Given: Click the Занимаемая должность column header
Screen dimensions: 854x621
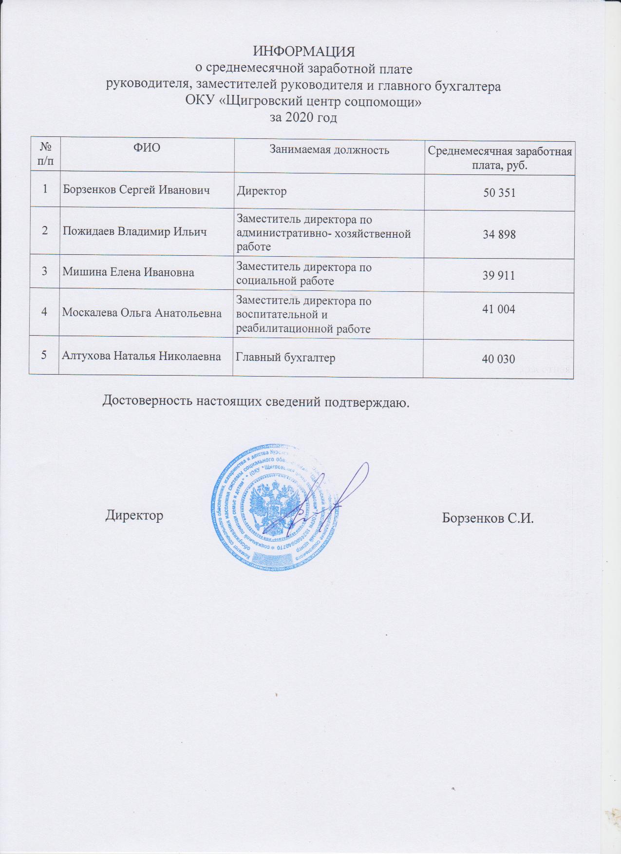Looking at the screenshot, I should (x=330, y=150).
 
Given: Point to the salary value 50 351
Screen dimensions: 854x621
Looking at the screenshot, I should (x=499, y=193).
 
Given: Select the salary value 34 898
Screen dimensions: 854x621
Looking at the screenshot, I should (x=499, y=235).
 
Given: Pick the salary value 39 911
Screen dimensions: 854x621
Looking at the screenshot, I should (x=499, y=276).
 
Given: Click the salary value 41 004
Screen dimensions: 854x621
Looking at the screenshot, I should (x=498, y=308).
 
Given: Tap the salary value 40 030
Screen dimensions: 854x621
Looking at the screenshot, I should (x=498, y=360).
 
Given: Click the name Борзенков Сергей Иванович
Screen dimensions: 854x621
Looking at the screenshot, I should (x=136, y=190).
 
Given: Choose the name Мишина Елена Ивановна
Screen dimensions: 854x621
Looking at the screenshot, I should (x=128, y=272).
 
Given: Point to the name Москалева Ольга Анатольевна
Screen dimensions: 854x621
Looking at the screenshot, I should (x=142, y=313).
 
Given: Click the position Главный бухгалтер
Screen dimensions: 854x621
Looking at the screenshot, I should (x=285, y=358).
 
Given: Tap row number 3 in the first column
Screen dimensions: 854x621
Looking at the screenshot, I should (x=44, y=271).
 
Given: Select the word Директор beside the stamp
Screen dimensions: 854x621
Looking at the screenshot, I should (x=134, y=515).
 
